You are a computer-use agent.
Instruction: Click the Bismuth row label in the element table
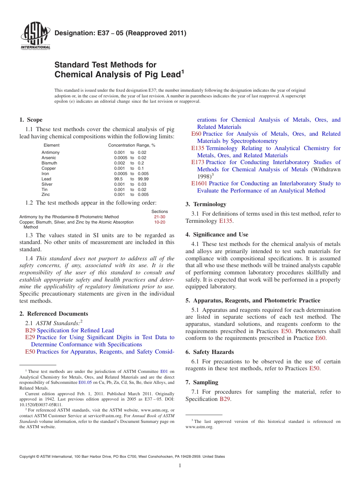click(x=49, y=163)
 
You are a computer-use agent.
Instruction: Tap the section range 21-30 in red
click(x=160, y=217)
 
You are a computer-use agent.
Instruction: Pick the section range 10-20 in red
click(x=160, y=222)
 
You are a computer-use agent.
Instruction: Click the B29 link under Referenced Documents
click(x=30, y=330)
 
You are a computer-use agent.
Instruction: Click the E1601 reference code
click(x=199, y=183)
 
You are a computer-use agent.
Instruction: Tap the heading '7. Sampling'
click(x=202, y=382)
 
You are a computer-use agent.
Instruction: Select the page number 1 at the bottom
click(x=180, y=466)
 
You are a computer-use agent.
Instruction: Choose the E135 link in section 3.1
click(x=226, y=221)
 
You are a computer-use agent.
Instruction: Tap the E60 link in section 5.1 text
click(x=320, y=338)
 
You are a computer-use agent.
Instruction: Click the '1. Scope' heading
click(x=31, y=120)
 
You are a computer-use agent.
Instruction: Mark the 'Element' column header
click(x=52, y=145)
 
